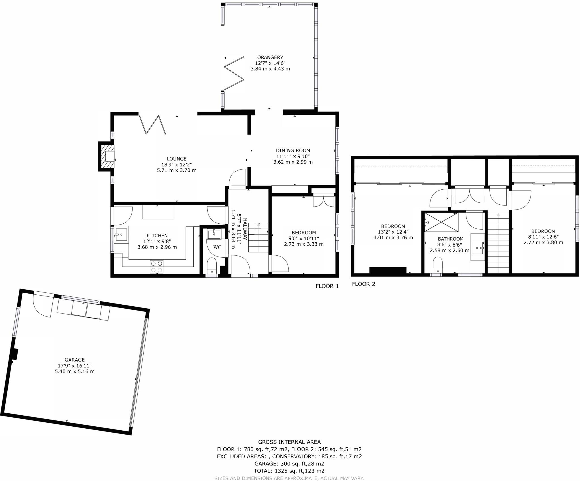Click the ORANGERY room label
[x=270, y=57]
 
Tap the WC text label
[x=217, y=247]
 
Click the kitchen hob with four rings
[x=156, y=267]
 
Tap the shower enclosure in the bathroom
[x=441, y=222]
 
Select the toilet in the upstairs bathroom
[x=438, y=264]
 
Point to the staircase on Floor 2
[x=498, y=242]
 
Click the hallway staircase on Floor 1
[x=258, y=237]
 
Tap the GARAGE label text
[x=75, y=360]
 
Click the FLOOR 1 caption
[x=327, y=286]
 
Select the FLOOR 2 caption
[x=363, y=284]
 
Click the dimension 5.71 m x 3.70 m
[x=176, y=170]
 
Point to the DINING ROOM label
[x=293, y=151]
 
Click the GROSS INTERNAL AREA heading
[x=289, y=442]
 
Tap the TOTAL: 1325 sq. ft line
[x=289, y=471]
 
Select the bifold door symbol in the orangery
[x=234, y=74]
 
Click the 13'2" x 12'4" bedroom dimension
[x=393, y=232]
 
